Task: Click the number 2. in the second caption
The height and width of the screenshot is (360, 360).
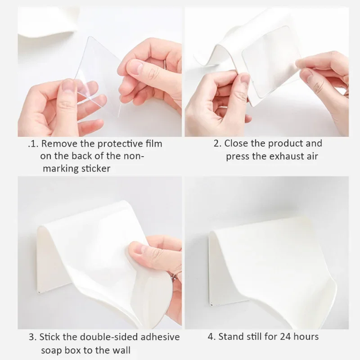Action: [x=217, y=144]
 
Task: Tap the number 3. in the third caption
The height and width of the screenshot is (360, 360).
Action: [x=32, y=337]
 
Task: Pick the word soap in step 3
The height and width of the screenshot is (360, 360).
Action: [x=51, y=350]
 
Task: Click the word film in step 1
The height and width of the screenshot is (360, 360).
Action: [x=153, y=144]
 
